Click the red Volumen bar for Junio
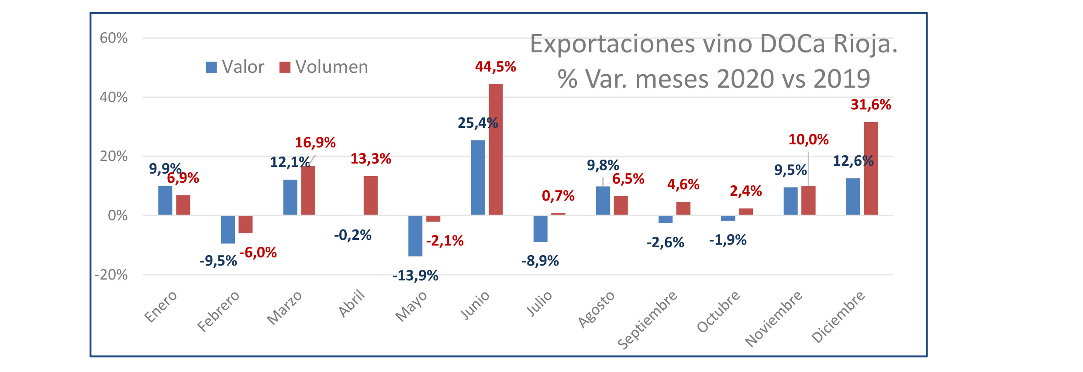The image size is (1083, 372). click(x=496, y=149)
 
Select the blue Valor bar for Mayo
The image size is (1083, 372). click(x=415, y=236)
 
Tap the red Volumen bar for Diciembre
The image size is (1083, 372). click(x=871, y=168)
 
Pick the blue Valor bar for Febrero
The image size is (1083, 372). click(x=228, y=229)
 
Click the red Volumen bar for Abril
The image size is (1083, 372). click(x=371, y=195)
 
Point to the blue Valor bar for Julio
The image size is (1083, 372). click(x=541, y=229)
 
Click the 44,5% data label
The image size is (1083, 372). click(x=496, y=67)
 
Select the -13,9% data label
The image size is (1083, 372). click(x=415, y=276)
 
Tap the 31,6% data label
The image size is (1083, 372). click(x=871, y=105)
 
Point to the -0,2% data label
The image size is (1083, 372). click(x=353, y=235)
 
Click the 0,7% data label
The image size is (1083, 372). click(x=558, y=196)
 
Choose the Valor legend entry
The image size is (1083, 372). click(x=235, y=67)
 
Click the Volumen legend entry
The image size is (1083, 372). click(x=324, y=67)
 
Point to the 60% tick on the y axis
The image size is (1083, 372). click(x=114, y=38)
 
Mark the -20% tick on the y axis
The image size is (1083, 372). click(x=111, y=275)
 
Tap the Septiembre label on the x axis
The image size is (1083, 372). click(x=648, y=320)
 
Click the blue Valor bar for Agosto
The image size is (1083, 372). click(x=603, y=201)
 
